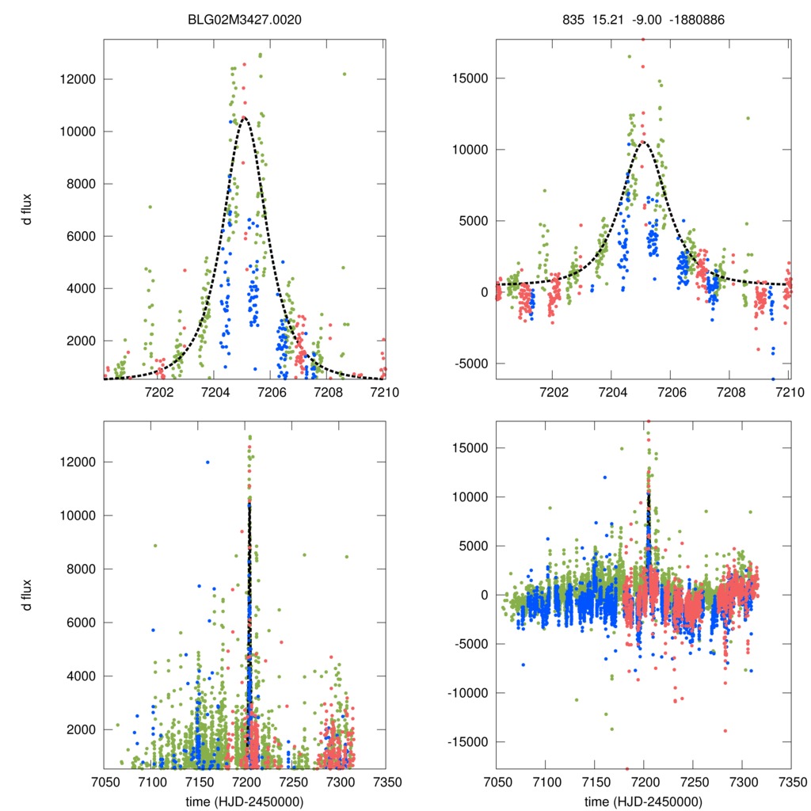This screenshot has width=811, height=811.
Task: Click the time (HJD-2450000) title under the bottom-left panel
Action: [x=245, y=801]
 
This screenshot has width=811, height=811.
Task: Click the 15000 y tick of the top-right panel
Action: [x=470, y=78]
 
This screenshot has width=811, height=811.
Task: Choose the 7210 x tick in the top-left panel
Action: [x=386, y=392]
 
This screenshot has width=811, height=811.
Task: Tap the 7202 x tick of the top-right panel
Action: [x=554, y=392]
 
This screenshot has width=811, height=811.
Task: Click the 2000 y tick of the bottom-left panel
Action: [x=79, y=729]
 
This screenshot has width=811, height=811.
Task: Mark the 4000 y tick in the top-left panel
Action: [x=79, y=288]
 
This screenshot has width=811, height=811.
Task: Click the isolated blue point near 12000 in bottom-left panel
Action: [x=208, y=462]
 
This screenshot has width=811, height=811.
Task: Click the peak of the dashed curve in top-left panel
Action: [x=244, y=117]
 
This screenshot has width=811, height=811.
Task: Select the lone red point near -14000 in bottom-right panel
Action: [x=725, y=731]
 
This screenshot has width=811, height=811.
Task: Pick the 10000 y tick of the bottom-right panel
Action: [x=471, y=497]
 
